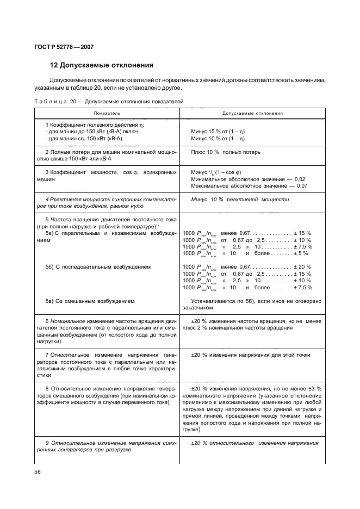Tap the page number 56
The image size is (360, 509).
(x=38, y=472)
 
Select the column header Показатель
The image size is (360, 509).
(x=107, y=113)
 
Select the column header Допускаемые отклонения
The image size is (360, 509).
(x=253, y=113)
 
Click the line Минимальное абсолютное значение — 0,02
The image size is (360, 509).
(x=249, y=179)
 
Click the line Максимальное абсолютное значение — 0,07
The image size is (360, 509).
(x=250, y=186)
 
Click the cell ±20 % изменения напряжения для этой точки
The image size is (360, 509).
(x=251, y=355)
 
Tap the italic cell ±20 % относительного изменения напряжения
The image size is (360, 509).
(x=255, y=443)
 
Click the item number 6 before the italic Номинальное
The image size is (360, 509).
(x=47, y=321)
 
